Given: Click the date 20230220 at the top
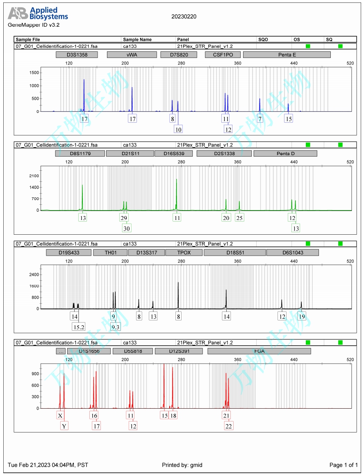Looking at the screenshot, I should (184, 17).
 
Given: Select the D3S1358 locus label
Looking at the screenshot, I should (77, 55).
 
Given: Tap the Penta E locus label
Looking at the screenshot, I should (287, 55).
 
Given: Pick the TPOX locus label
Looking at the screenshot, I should (184, 252).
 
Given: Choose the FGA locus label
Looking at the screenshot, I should (259, 351).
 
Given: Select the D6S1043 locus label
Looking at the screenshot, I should (292, 252).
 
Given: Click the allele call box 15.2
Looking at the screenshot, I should (79, 327).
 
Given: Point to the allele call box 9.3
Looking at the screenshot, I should (115, 327).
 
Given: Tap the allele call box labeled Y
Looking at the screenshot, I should (64, 426).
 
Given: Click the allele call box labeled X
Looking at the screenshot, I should (60, 416).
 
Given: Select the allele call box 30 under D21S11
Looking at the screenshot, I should (127, 228).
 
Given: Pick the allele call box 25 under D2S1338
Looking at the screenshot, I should (239, 217).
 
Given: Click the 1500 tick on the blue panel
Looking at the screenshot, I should (34, 73).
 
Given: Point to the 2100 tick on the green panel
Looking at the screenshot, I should (34, 176).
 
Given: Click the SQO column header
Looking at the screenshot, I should (263, 39).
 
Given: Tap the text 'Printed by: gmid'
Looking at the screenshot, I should (182, 465).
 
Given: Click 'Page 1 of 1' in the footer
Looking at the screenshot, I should (344, 465).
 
